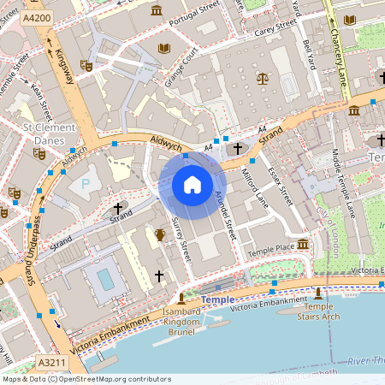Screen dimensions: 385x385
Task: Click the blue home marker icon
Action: coord(192,184)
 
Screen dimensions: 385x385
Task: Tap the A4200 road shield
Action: coord(37,17)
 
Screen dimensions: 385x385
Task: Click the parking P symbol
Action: coord(85,183)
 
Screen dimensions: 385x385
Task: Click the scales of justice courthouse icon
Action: coord(262,77)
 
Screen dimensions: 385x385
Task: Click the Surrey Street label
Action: coord(181,240)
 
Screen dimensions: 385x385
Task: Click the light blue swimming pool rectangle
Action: coord(105,279)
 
